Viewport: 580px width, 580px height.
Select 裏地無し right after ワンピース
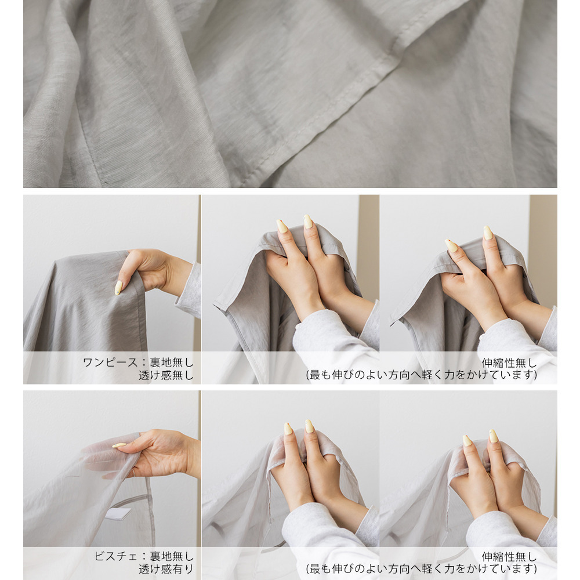(172, 362)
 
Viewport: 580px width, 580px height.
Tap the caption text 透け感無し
(166, 375)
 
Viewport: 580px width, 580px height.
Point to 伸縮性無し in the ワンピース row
(509, 362)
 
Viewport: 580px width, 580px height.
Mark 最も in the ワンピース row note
(320, 375)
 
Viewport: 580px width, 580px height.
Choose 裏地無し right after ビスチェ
(172, 556)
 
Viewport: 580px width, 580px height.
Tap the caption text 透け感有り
(166, 569)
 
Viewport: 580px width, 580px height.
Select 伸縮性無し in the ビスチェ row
(509, 556)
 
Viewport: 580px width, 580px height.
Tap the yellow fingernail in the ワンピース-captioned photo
(118, 288)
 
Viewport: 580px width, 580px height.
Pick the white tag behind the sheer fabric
(118, 514)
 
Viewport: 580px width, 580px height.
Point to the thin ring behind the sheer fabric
(134, 472)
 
